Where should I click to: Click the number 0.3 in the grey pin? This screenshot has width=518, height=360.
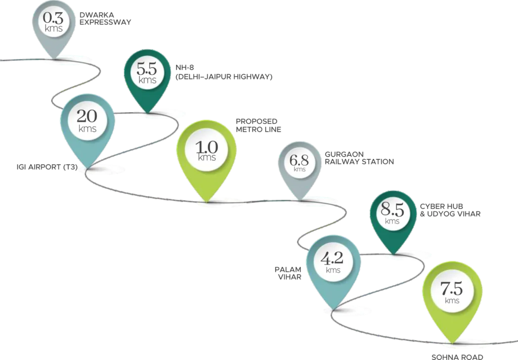[x=54, y=18]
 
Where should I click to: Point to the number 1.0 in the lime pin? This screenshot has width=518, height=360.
[x=206, y=147]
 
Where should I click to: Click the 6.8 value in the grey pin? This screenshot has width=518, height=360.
[x=299, y=160]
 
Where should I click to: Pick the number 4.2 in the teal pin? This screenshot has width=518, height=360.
[x=333, y=259]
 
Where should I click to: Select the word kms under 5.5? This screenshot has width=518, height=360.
[x=147, y=80]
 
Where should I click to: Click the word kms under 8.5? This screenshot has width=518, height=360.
[x=392, y=220]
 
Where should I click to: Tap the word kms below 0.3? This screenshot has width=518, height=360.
[x=54, y=28]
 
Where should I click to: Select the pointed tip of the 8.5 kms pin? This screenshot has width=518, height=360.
[x=392, y=252]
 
